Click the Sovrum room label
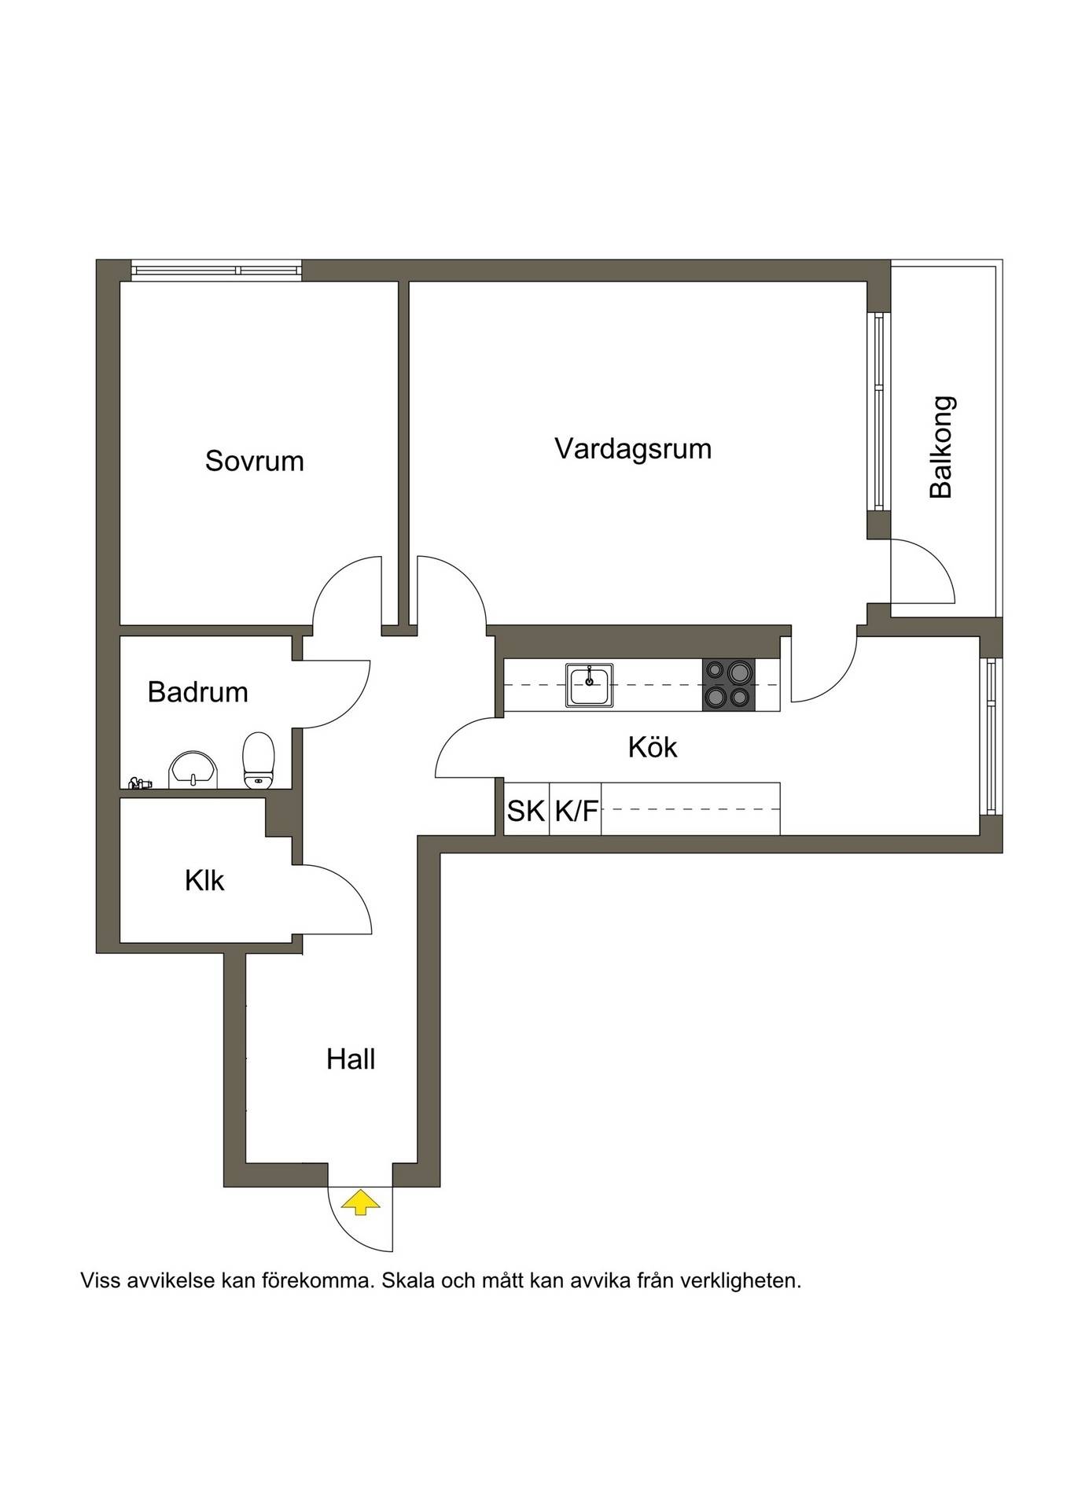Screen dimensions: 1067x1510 (254, 461)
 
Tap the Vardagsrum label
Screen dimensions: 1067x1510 (633, 449)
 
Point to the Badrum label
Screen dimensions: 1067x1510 (197, 692)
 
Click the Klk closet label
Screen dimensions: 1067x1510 (204, 880)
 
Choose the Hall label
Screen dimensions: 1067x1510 (351, 1059)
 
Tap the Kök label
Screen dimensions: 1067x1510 (653, 747)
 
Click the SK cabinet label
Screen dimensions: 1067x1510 (526, 811)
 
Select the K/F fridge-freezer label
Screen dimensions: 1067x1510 (576, 811)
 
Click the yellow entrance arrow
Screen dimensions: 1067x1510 (360, 1202)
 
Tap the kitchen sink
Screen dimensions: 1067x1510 (589, 685)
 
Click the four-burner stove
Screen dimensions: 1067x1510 (728, 685)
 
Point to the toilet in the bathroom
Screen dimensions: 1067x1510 (258, 760)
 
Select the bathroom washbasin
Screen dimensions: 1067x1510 (193, 768)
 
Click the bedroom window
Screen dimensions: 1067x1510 (216, 271)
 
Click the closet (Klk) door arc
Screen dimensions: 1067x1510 (354, 883)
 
